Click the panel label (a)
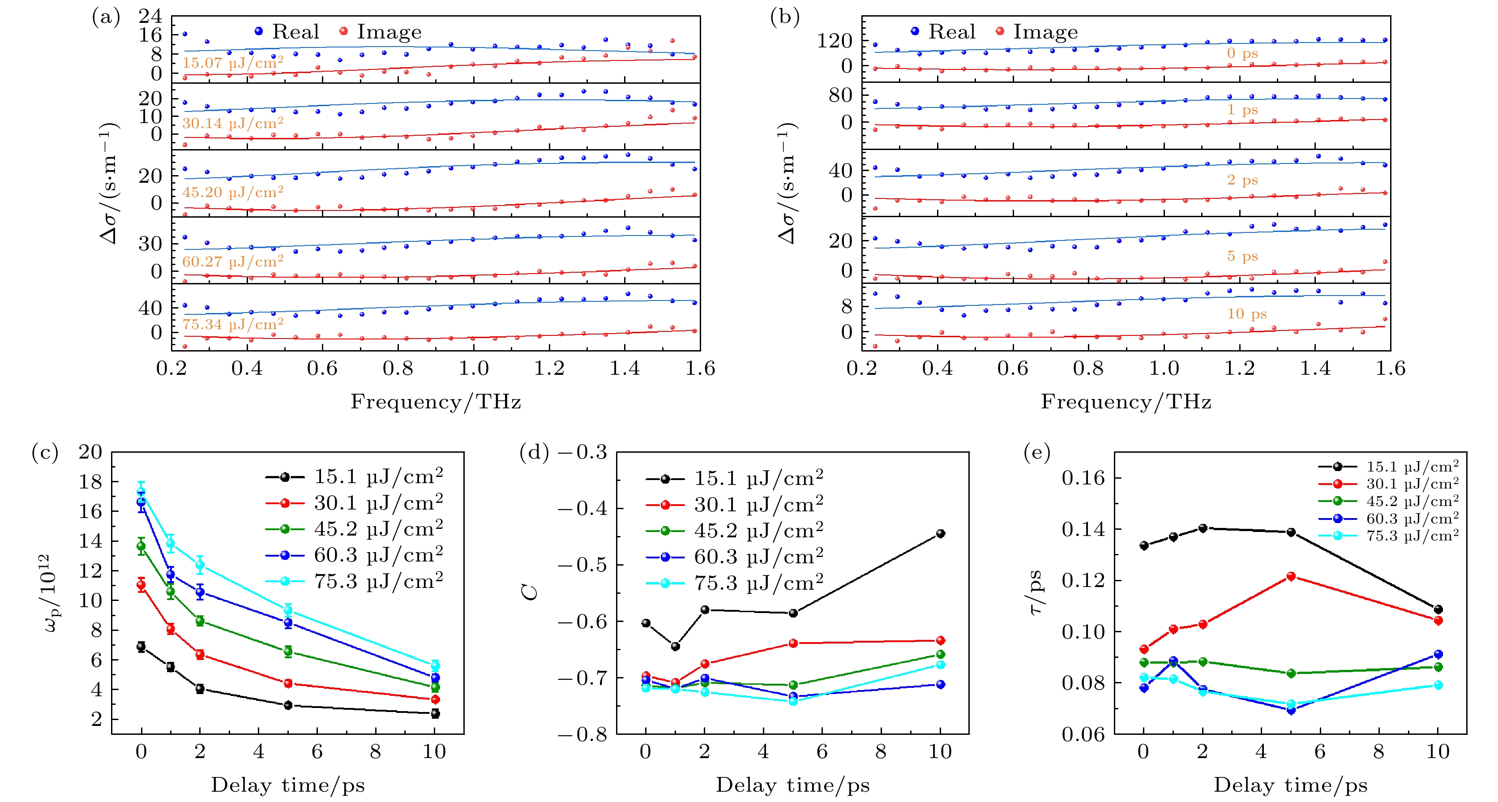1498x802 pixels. tap(105, 17)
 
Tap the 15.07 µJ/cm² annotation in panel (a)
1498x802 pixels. tap(233, 63)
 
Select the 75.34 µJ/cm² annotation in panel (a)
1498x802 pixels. tap(233, 324)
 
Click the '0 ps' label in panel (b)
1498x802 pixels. tap(1242, 53)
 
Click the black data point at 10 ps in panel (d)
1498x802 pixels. tap(940, 533)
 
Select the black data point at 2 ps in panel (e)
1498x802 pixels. tap(1203, 528)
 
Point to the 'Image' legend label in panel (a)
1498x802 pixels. tap(389, 32)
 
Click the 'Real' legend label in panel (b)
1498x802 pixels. tap(951, 32)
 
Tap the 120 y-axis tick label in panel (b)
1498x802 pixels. tap(834, 41)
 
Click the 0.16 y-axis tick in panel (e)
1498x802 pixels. tap(1083, 478)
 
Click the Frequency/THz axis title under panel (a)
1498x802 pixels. tap(436, 402)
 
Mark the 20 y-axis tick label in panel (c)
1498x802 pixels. tap(90, 452)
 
